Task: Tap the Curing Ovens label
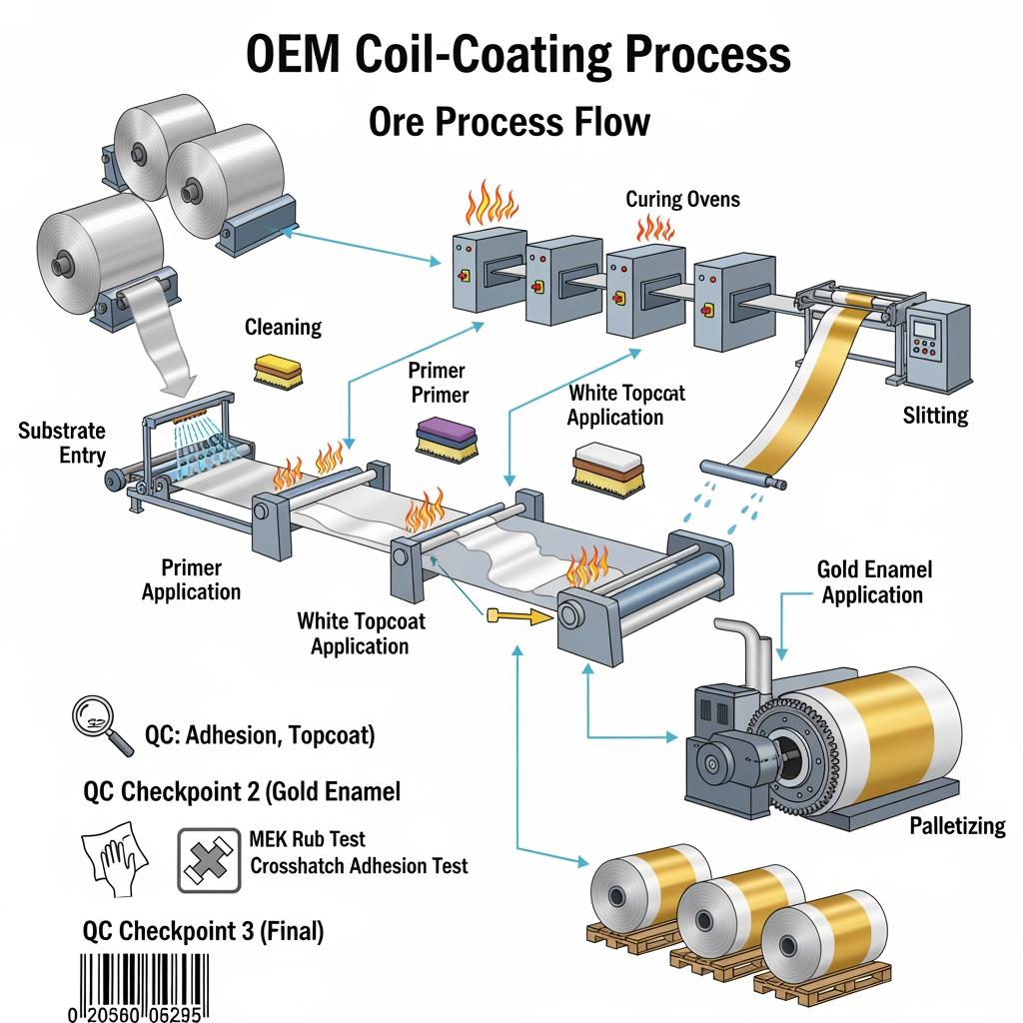click(682, 199)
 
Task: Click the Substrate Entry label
click(61, 443)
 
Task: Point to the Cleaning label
click(283, 327)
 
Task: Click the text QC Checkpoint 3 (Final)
click(203, 932)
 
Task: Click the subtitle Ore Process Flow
click(510, 122)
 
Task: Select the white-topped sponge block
click(605, 467)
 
